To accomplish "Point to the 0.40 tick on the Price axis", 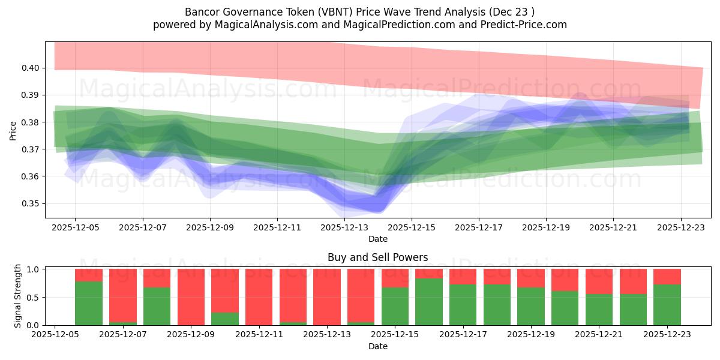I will (x=31, y=68).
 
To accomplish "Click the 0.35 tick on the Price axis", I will (x=31, y=203).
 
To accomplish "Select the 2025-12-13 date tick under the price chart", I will (x=344, y=228).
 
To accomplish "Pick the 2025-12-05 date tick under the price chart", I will (x=75, y=228).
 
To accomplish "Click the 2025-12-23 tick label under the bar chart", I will (x=667, y=335).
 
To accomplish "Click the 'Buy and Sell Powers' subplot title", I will (x=377, y=257).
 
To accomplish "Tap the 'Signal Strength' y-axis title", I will (x=18, y=296).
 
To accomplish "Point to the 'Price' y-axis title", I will (x=13, y=130).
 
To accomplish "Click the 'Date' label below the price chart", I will (x=377, y=239).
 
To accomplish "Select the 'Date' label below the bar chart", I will (x=377, y=346).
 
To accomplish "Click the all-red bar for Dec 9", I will (x=191, y=297).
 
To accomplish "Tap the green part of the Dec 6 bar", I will (x=89, y=303).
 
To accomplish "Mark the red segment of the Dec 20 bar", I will (x=565, y=280).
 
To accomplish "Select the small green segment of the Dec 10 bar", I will (x=225, y=319).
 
